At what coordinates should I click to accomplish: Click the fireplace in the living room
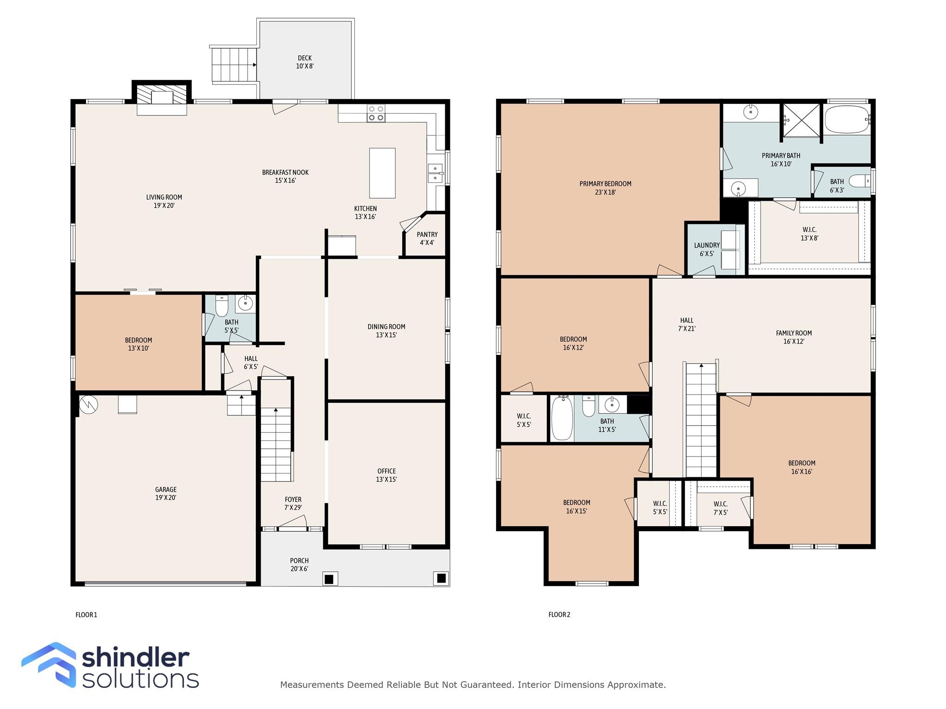(162, 98)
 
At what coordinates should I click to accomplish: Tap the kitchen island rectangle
(382, 173)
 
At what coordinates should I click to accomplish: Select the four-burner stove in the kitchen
(376, 114)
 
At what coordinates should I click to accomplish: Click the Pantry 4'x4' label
(427, 239)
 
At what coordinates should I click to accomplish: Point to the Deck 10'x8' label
(305, 62)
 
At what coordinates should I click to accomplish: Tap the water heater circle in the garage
(88, 404)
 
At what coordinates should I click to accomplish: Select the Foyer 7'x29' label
(293, 503)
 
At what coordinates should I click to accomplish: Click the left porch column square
(329, 579)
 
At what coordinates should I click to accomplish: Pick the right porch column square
(441, 578)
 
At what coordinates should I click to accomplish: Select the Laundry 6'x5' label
(707, 249)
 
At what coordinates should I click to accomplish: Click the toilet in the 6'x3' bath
(860, 181)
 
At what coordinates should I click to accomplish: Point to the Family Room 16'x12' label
(794, 337)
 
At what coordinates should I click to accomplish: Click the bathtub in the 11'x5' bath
(562, 418)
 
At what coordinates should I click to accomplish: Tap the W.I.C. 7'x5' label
(720, 508)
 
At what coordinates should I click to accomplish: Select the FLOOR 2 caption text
(559, 614)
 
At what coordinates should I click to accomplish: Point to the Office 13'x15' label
(386, 475)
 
